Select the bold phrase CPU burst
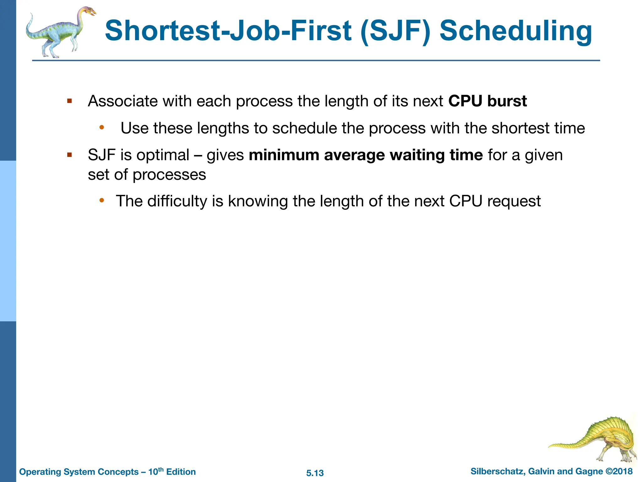click(487, 101)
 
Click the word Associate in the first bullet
click(123, 101)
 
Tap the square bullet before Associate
click(70, 101)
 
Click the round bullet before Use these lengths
click(101, 127)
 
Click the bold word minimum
click(284, 155)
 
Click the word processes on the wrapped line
click(169, 175)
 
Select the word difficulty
click(177, 201)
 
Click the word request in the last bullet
click(514, 201)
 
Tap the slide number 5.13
click(315, 473)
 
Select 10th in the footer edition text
click(156, 471)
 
